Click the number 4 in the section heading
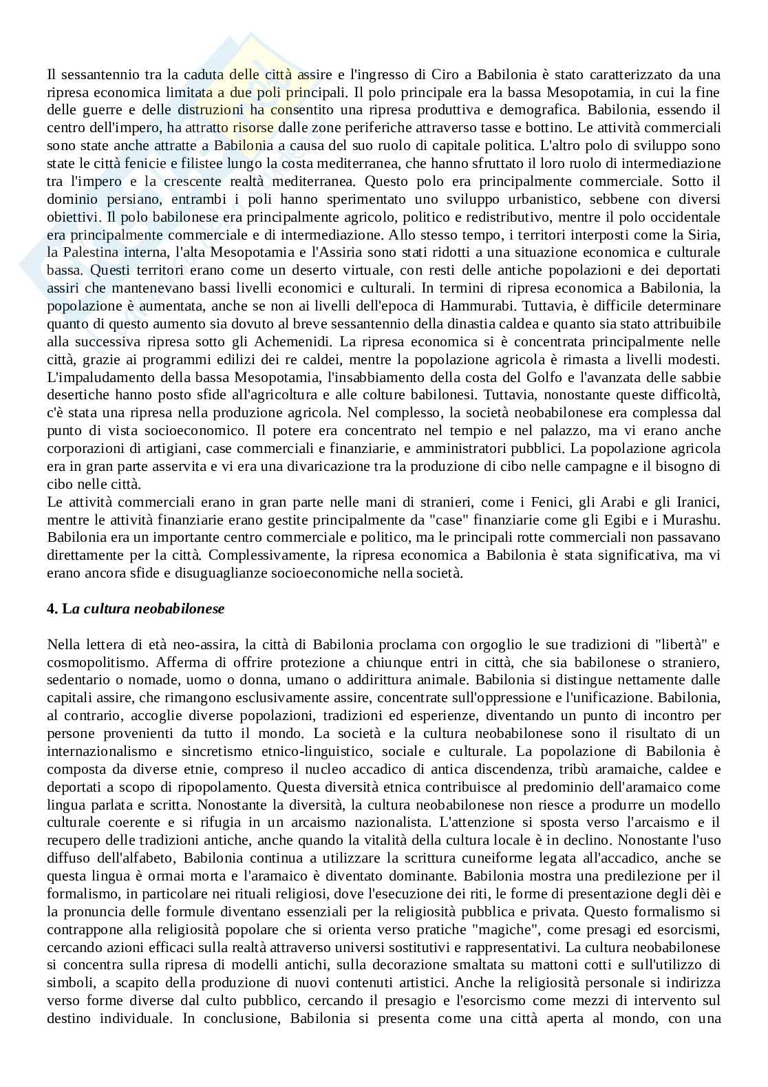point(51,609)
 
